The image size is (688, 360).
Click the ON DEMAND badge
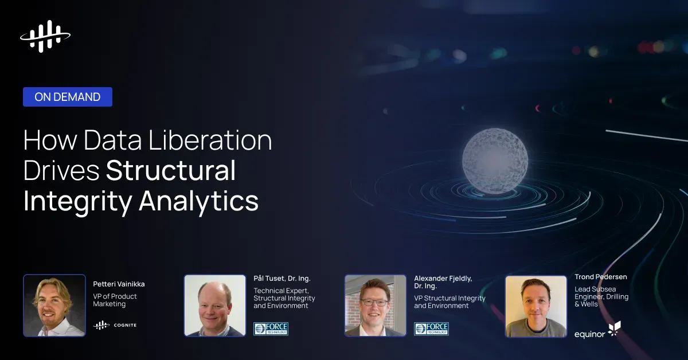coord(68,97)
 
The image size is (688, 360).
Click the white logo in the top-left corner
coord(45,36)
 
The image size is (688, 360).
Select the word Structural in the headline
coord(171,171)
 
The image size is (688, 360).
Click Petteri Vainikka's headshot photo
coord(54,305)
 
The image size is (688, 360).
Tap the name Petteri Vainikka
coord(118,283)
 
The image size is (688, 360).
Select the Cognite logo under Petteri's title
coord(115,325)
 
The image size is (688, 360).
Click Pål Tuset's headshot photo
coord(215,305)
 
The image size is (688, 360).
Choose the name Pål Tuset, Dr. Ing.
coord(282,279)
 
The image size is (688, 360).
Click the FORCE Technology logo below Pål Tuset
coord(271,328)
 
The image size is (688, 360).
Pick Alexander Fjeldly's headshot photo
coord(376,305)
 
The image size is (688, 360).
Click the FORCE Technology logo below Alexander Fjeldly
coord(431,328)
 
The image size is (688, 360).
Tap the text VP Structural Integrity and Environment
coord(449,302)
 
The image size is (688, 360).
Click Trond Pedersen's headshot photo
coord(536,306)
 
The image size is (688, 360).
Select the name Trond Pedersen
coord(601,277)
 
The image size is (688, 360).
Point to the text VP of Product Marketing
coord(115,300)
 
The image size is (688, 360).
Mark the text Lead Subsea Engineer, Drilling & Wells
coord(601,296)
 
